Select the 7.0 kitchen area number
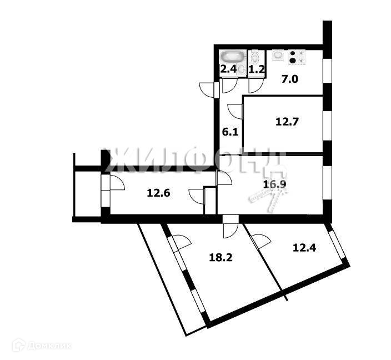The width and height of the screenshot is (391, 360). pos(289,79)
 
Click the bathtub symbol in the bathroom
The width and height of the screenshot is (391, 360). pos(231,56)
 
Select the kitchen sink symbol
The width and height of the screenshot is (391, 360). pos(277,56)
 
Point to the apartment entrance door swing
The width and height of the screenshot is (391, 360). pos(208,89)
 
